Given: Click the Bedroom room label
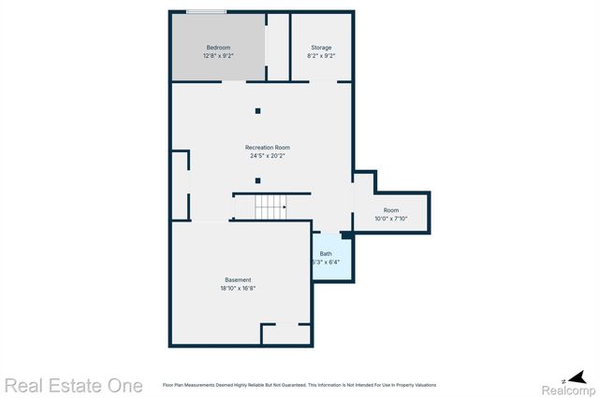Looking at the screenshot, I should tap(218, 48).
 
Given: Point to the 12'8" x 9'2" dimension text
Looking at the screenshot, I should tap(218, 56).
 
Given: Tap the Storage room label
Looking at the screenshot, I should tap(321, 48).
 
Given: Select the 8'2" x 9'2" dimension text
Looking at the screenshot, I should tap(321, 56).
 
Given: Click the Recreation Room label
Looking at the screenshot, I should tap(268, 148).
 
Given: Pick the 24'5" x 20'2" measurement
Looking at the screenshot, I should tap(268, 156).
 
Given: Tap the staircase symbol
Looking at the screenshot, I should tap(271, 206).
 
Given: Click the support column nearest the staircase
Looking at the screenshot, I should tap(258, 180).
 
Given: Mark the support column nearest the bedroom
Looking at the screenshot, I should tap(258, 111).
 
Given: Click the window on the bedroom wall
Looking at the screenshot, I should tap(205, 12).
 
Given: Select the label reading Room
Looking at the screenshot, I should tap(391, 210).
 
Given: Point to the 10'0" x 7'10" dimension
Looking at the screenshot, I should tap(391, 219).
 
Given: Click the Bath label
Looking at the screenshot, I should tap(326, 254).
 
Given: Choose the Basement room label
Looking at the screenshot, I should tap(238, 280).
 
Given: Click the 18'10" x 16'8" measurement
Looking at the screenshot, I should tap(238, 289).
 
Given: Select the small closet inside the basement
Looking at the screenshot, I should tap(286, 334).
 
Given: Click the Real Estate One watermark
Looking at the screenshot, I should tap(74, 385).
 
